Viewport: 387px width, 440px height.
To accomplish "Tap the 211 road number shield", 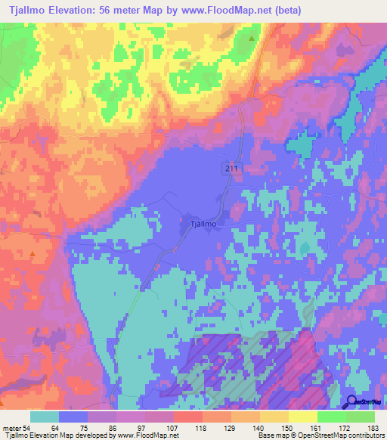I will coord(231,167).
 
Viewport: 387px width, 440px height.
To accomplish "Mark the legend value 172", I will coord(345,429).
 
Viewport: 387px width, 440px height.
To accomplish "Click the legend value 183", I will coord(374,429).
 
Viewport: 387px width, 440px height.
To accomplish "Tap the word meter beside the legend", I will coord(12,429).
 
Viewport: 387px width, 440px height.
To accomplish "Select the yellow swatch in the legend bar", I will coord(302,417).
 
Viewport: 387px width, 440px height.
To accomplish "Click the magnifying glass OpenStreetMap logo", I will coord(352,403).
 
